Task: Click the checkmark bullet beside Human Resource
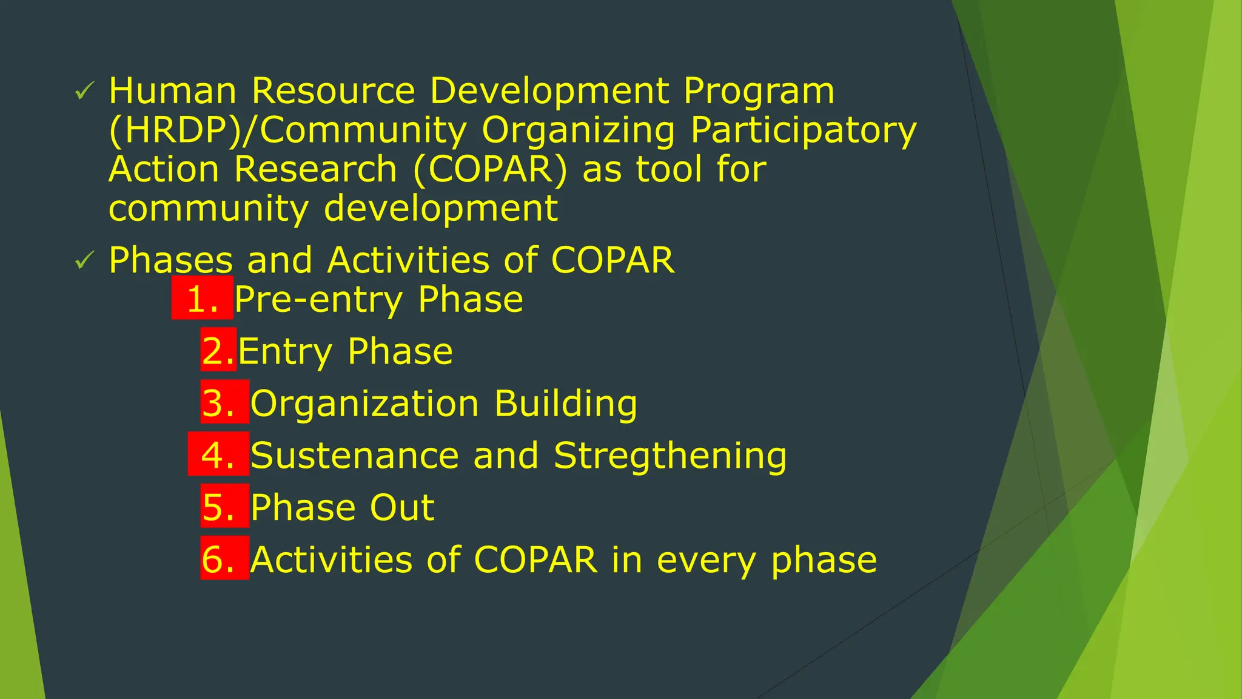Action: pos(84,92)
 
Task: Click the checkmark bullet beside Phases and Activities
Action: pos(84,262)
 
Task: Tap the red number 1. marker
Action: pos(203,299)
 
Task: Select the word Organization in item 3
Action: pos(364,404)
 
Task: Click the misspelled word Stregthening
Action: pos(670,456)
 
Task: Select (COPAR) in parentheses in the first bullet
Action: pos(490,169)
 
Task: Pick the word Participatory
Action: pos(803,131)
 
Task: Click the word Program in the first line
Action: pos(759,92)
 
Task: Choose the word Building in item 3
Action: pos(565,404)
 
